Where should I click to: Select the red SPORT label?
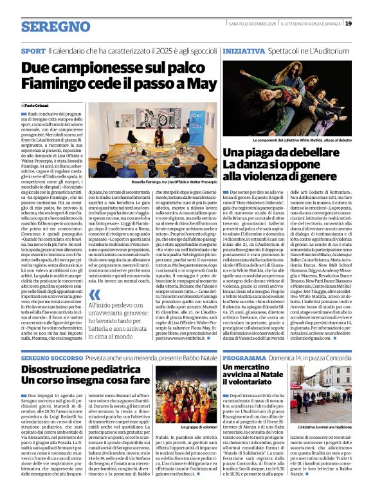[x=33, y=50]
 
